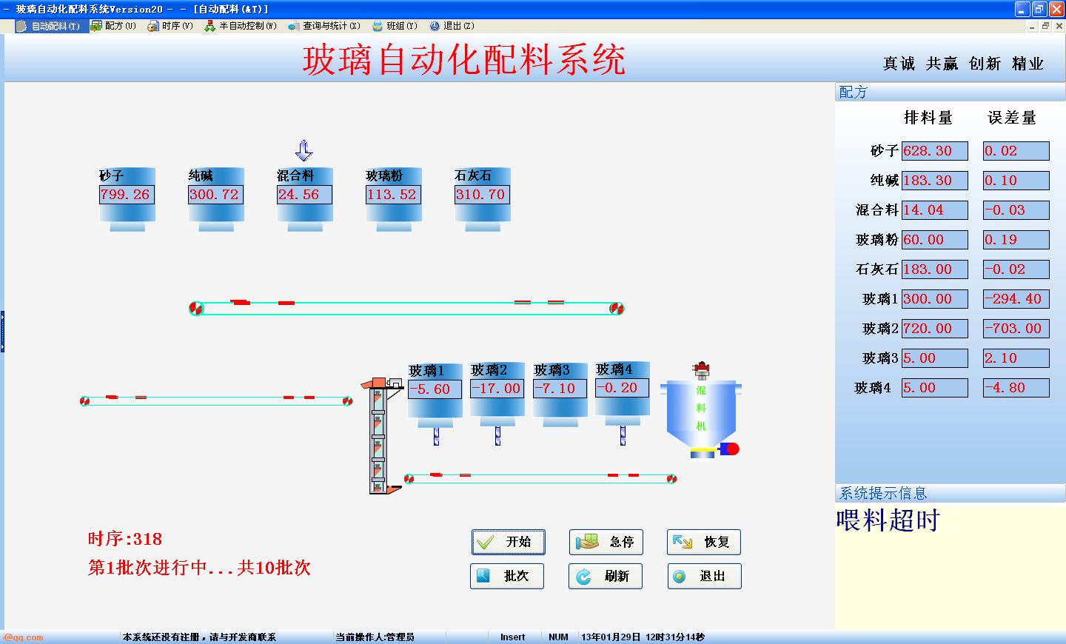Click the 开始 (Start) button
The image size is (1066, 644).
point(509,542)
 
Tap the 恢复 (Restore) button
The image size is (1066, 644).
point(703,542)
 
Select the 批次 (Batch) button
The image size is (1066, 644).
point(507,576)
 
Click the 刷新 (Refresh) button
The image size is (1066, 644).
point(606,576)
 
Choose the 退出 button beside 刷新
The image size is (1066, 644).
point(704,576)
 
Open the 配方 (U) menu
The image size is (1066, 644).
point(114,26)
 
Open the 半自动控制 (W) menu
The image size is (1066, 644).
point(241,26)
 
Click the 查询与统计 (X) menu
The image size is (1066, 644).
point(324,26)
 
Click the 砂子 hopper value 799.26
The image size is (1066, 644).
point(127,195)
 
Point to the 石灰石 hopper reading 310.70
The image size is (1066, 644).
point(482,195)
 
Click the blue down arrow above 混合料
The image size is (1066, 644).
point(304,151)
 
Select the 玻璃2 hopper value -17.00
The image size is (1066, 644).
point(497,389)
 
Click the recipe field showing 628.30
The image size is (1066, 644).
point(935,151)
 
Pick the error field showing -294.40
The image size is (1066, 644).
point(1016,299)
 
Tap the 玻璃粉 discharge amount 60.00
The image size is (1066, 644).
point(935,240)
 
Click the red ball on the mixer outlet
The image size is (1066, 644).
point(732,449)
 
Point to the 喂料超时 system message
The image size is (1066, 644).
point(888,520)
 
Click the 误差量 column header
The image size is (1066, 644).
point(1012,118)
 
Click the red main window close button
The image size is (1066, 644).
point(1056,9)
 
